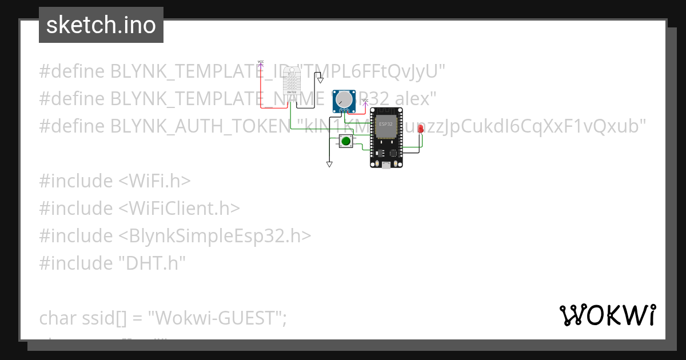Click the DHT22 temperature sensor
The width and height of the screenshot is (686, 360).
click(292, 82)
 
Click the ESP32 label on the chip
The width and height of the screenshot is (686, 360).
click(386, 124)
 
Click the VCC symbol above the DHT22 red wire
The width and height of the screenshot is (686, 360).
click(261, 62)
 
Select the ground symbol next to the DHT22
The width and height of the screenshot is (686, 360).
click(320, 81)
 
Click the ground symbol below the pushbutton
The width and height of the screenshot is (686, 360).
click(329, 165)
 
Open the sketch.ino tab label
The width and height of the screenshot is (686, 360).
click(101, 25)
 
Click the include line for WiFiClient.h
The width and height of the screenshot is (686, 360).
click(139, 208)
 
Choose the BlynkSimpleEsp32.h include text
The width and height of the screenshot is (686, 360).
click(215, 235)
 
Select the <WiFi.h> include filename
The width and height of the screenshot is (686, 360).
click(154, 181)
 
